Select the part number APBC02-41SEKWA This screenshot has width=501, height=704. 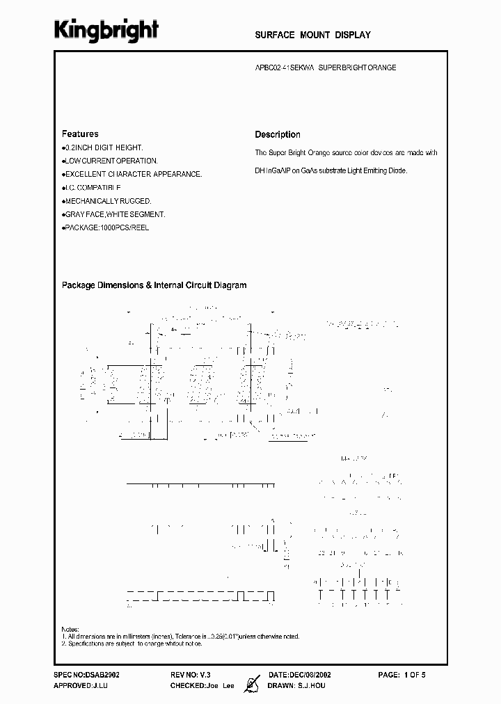[282, 68]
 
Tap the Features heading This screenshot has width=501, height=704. [80, 134]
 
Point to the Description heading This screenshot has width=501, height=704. [278, 134]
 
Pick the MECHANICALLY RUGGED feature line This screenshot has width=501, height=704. [106, 201]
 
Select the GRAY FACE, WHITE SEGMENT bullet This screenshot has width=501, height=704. [114, 214]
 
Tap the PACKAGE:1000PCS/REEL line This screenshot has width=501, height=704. [106, 227]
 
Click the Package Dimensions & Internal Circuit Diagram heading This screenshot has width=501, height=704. [154, 285]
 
